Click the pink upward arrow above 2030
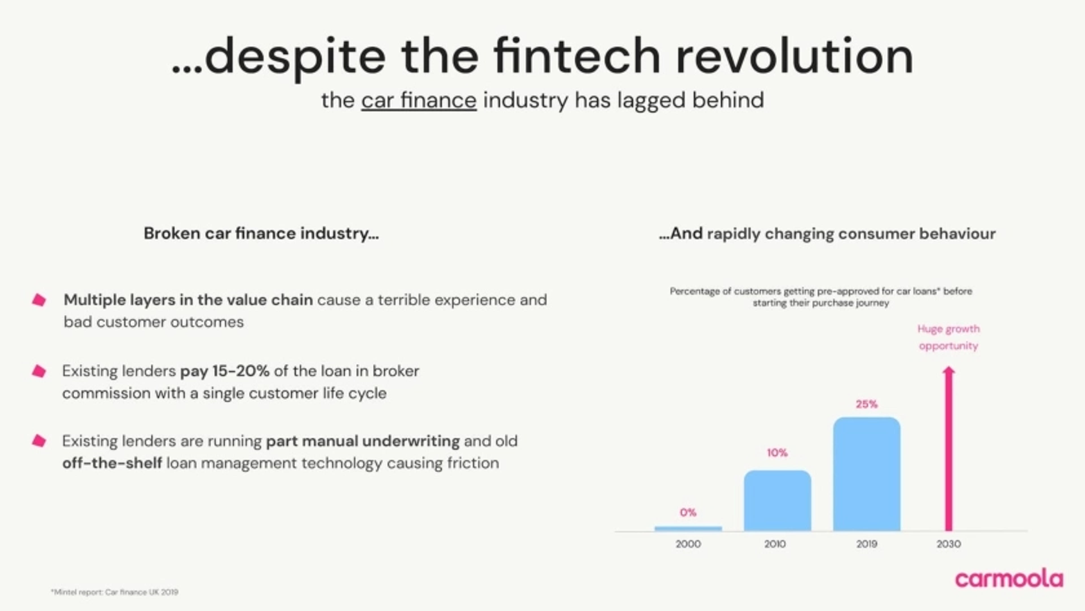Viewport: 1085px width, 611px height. (949, 448)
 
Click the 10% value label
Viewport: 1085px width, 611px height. (777, 452)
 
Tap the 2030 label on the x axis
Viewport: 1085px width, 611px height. (949, 544)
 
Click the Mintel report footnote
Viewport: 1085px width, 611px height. (114, 592)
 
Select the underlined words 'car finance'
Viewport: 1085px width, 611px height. (419, 100)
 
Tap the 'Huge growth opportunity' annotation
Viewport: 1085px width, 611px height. (949, 337)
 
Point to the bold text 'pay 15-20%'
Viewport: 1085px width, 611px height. (225, 371)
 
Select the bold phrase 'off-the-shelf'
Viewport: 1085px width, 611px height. (112, 463)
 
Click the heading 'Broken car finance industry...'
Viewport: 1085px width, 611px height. (261, 233)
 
